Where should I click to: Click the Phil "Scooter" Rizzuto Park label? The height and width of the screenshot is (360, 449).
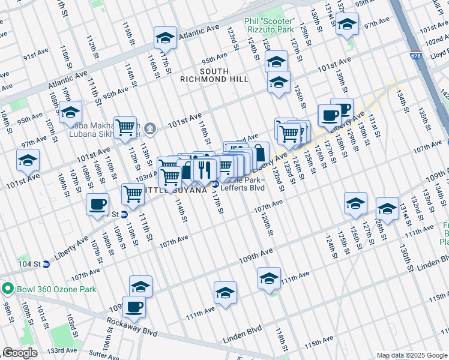point(269,25)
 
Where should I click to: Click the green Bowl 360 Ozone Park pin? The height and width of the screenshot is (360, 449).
point(7,289)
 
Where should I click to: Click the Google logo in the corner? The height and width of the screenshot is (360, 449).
point(20,353)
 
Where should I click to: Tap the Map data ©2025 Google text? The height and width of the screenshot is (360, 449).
point(411,355)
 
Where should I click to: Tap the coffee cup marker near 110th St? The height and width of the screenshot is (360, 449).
point(98,203)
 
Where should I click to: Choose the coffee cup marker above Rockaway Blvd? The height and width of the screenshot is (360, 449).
point(134,307)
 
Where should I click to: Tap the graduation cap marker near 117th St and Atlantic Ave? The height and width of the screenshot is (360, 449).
point(165,37)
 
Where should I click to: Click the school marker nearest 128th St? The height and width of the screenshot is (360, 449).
point(387,209)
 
